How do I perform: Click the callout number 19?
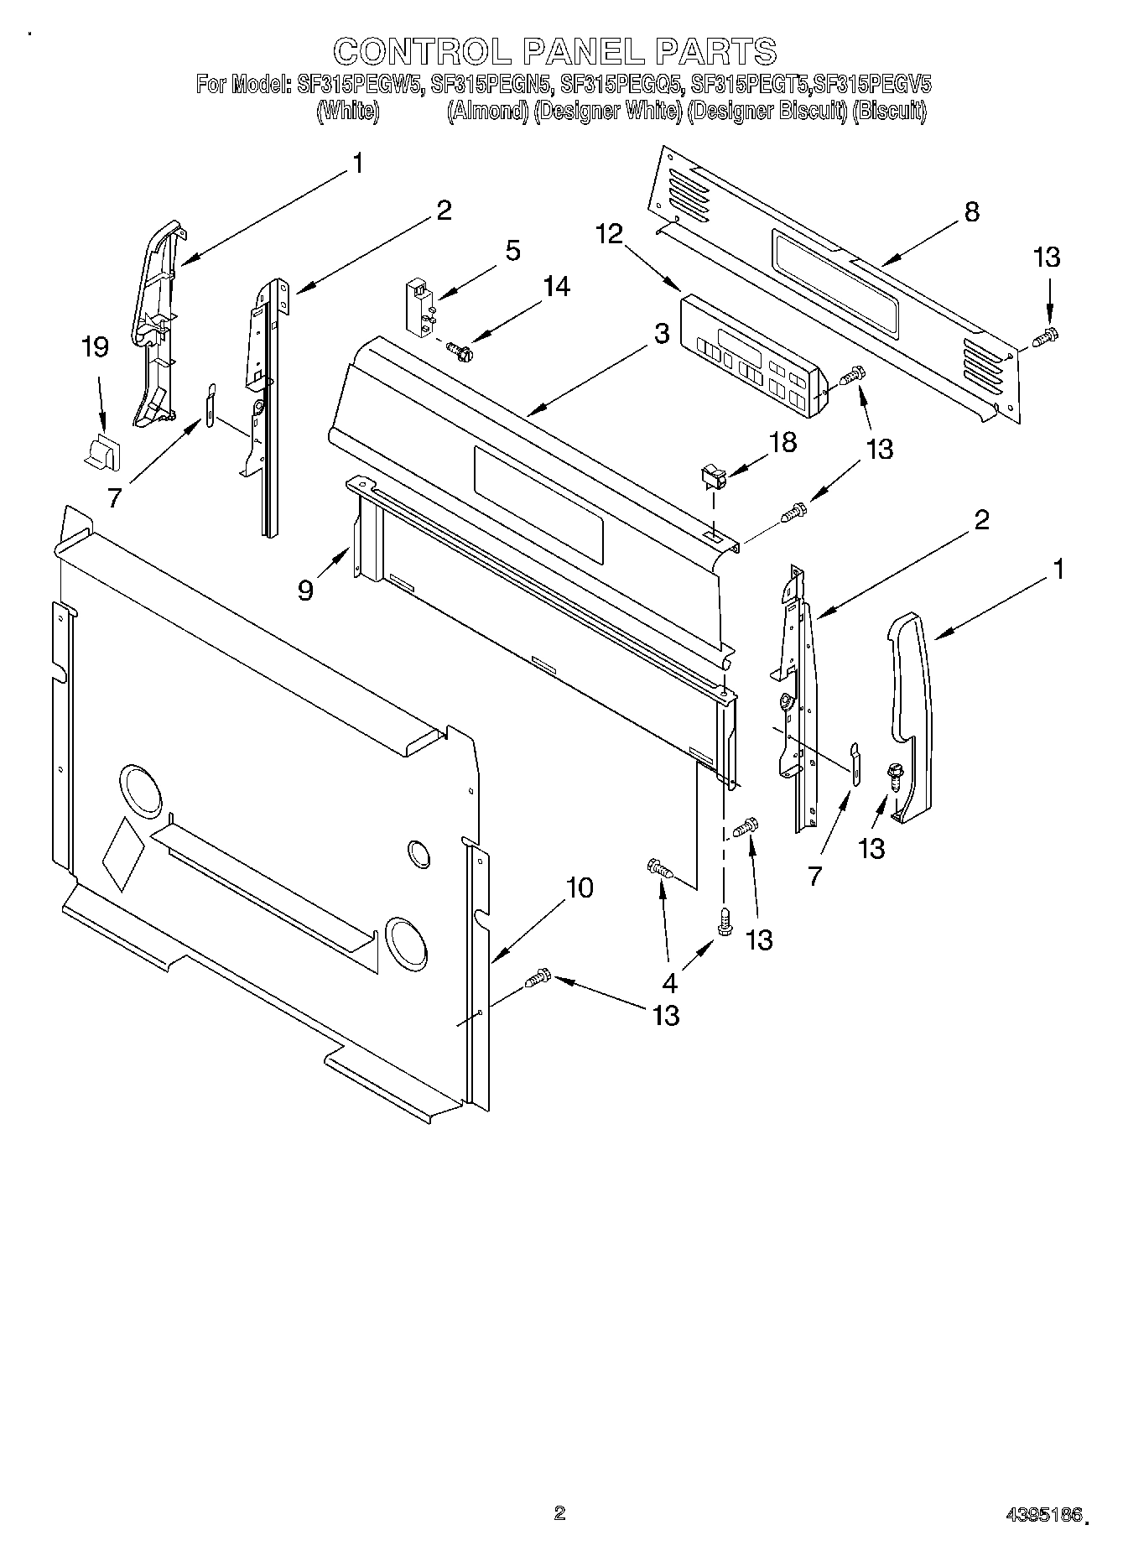tap(96, 347)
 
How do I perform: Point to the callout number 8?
tap(970, 211)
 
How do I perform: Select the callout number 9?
tap(305, 591)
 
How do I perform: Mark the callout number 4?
tap(669, 982)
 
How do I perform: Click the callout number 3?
tap(662, 333)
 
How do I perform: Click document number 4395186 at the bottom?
tap(1044, 1512)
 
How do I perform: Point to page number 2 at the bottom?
tap(559, 1512)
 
